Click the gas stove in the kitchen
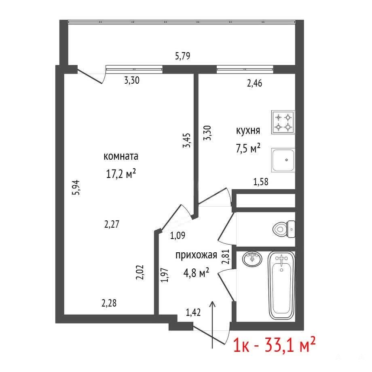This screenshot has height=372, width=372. tap(283, 122)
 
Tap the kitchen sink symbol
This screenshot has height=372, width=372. tap(283, 160)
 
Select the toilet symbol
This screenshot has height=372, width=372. tap(284, 229)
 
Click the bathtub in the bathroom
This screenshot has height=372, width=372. tap(281, 286)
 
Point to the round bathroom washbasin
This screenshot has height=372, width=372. tap(252, 259)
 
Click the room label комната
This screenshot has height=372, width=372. tap(121, 156)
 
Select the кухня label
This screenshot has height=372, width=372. tap(248, 131)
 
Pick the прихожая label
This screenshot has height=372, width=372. tap(196, 255)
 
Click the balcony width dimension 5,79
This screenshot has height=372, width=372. tap(183, 56)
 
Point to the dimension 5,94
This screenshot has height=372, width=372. tap(76, 188)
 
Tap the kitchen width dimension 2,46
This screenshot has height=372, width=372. tap(255, 83)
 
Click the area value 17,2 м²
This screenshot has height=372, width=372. tap(121, 173)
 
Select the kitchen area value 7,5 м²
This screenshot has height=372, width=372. tap(248, 148)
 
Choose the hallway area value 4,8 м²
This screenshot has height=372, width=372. tap(196, 273)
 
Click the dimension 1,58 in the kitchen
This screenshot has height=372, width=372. tap(261, 182)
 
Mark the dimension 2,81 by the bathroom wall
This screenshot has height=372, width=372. tap(225, 256)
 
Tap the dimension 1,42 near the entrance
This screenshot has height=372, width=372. tap(193, 312)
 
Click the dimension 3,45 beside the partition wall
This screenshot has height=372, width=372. tap(186, 140)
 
